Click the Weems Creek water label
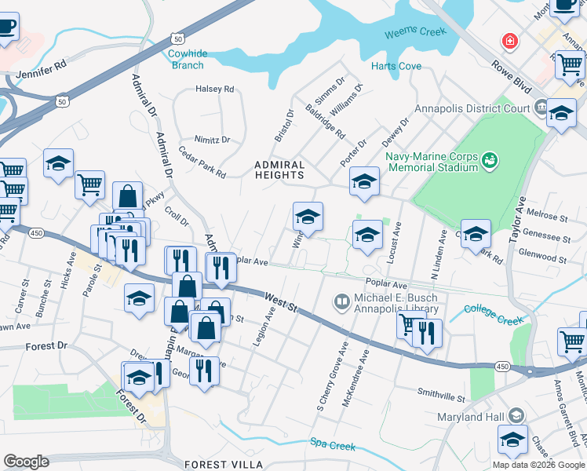pos(415,33)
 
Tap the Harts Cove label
pos(396,67)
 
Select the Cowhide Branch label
pos(188,59)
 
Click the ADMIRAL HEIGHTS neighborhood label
pos(279,170)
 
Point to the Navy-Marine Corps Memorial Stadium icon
pos(490,160)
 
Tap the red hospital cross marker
pos(511,40)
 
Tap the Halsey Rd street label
pos(215,89)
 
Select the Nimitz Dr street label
pos(212,140)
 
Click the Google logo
pos(26,462)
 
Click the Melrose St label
pos(548,215)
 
